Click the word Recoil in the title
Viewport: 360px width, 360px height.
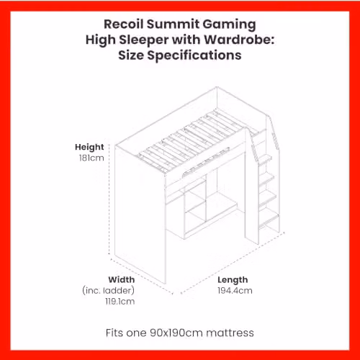pos(124,24)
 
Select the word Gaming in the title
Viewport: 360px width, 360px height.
pos(229,25)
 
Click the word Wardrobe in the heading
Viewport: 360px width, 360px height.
pos(239,40)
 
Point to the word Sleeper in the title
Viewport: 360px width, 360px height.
pos(144,40)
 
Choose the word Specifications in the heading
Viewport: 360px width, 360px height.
pos(194,56)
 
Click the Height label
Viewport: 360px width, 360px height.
pos(89,147)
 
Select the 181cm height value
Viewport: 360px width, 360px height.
pos(91,158)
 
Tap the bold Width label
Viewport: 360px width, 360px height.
pos(122,279)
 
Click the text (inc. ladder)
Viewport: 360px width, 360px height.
pos(108,290)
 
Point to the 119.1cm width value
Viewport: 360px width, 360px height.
pos(120,301)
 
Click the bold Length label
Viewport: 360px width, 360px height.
pos(233,280)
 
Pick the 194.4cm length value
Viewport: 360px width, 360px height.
pos(235,290)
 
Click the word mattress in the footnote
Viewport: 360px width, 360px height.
pos(230,333)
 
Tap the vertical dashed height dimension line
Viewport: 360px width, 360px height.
pos(109,199)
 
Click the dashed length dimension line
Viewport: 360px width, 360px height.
pos(233,263)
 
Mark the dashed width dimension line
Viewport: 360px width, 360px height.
pos(142,276)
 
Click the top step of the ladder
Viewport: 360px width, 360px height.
pos(265,159)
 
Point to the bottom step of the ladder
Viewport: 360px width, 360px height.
pos(269,221)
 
